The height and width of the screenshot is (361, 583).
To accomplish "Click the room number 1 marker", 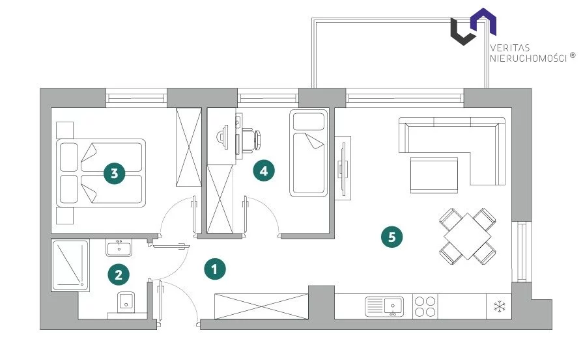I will click(x=216, y=269).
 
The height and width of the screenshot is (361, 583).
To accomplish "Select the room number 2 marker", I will click(x=118, y=274).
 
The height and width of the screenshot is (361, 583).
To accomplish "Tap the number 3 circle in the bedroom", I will click(x=115, y=174).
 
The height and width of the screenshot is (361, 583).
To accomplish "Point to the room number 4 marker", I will click(x=263, y=171).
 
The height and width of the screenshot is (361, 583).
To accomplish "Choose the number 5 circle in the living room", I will click(x=391, y=237).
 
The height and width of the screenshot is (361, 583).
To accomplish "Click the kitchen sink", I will click(x=384, y=306).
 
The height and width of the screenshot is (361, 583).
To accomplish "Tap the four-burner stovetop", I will click(x=425, y=306).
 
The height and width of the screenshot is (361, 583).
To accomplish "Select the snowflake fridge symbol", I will click(x=499, y=306).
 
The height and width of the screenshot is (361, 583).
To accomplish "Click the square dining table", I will click(x=466, y=235).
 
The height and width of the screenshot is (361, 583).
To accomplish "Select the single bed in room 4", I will click(x=309, y=154).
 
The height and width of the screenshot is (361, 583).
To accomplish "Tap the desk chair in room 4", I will click(x=251, y=138).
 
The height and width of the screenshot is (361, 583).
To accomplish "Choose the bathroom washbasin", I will click(x=119, y=248).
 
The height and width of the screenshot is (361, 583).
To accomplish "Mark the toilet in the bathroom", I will click(x=126, y=302).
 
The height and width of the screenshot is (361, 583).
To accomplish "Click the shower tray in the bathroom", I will click(x=69, y=265).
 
